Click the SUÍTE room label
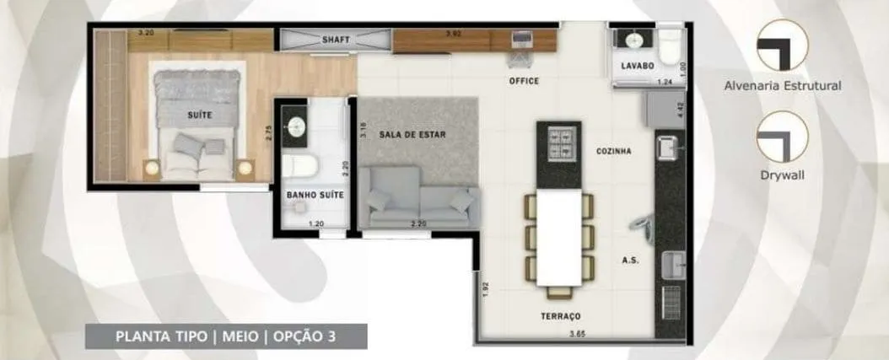(x=200, y=116)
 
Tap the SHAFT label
(x=336, y=40)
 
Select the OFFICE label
(x=524, y=81)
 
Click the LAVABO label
(x=638, y=66)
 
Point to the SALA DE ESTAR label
(x=412, y=135)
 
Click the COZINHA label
(x=613, y=152)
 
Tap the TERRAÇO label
(x=560, y=316)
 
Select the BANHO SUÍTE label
(x=315, y=195)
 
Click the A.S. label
(x=630, y=261)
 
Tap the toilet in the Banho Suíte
(x=300, y=166)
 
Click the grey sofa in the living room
(x=419, y=197)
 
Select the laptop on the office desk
(x=521, y=40)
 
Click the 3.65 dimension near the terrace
(x=577, y=333)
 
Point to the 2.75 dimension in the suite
(x=269, y=132)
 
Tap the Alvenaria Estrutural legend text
(x=783, y=86)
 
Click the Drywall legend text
(x=783, y=175)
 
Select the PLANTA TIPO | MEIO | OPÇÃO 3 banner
(x=226, y=336)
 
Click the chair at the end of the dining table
(x=559, y=293)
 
